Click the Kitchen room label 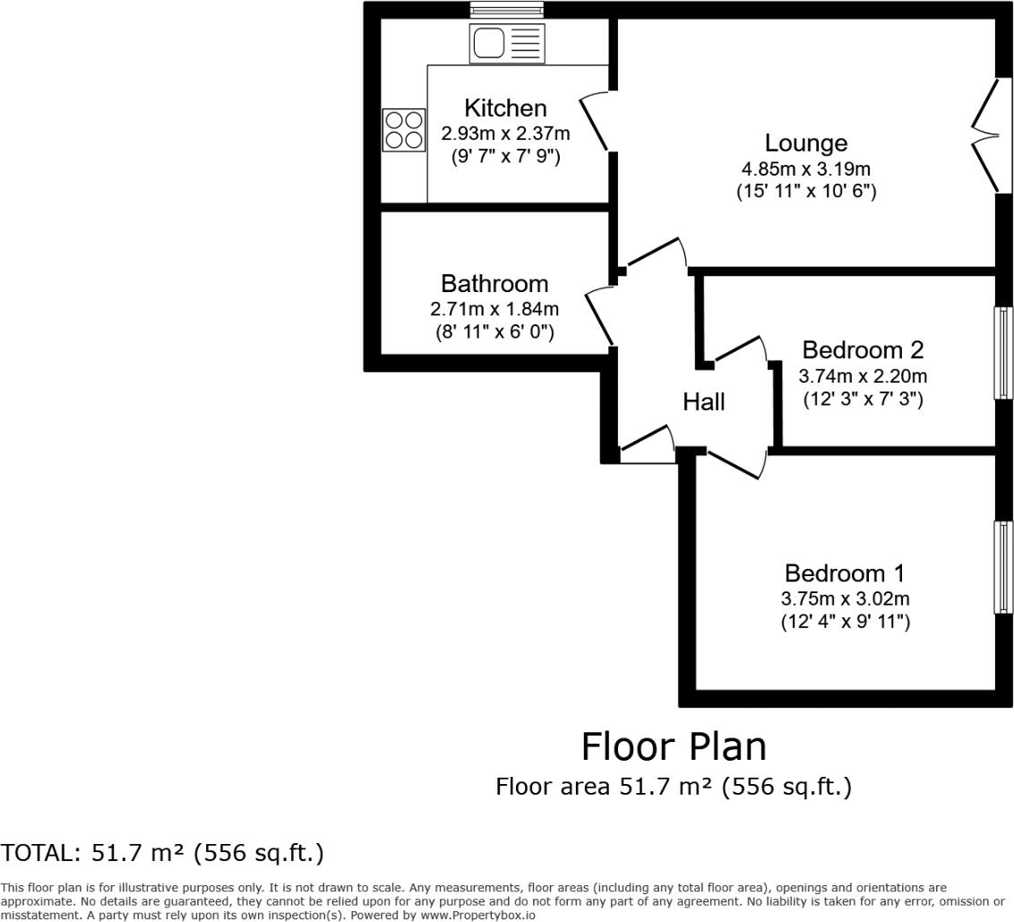505,108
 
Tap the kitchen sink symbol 506,42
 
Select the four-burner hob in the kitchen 403,130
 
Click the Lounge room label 805,143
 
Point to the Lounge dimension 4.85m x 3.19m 805,168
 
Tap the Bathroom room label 494,284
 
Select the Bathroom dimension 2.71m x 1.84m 494,309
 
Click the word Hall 704,402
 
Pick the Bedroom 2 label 862,350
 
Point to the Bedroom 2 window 1003,352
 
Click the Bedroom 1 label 845,573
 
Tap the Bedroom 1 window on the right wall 1003,566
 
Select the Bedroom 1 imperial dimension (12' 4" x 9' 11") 845,622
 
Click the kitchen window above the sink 506,10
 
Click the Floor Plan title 674,746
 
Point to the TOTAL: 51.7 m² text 162,852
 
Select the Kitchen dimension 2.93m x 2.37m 505,134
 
